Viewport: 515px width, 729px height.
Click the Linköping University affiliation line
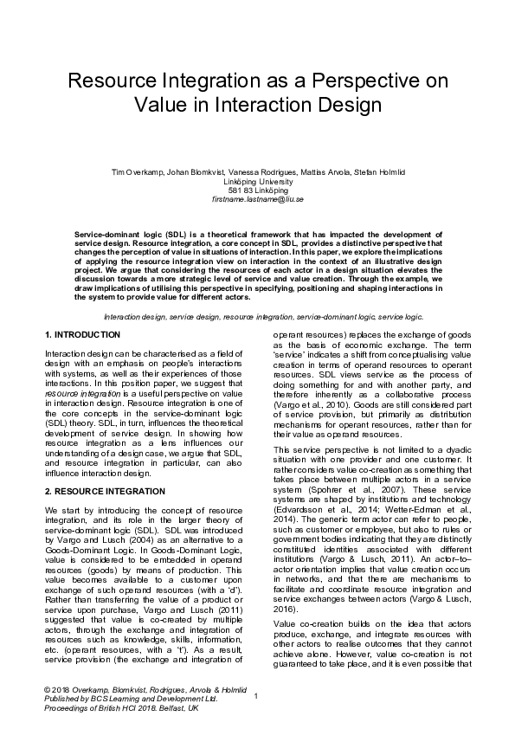point(257,182)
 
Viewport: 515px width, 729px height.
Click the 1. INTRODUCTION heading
point(82,334)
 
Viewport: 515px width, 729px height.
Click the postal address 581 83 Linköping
point(257,190)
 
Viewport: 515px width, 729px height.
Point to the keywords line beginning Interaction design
point(257,318)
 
